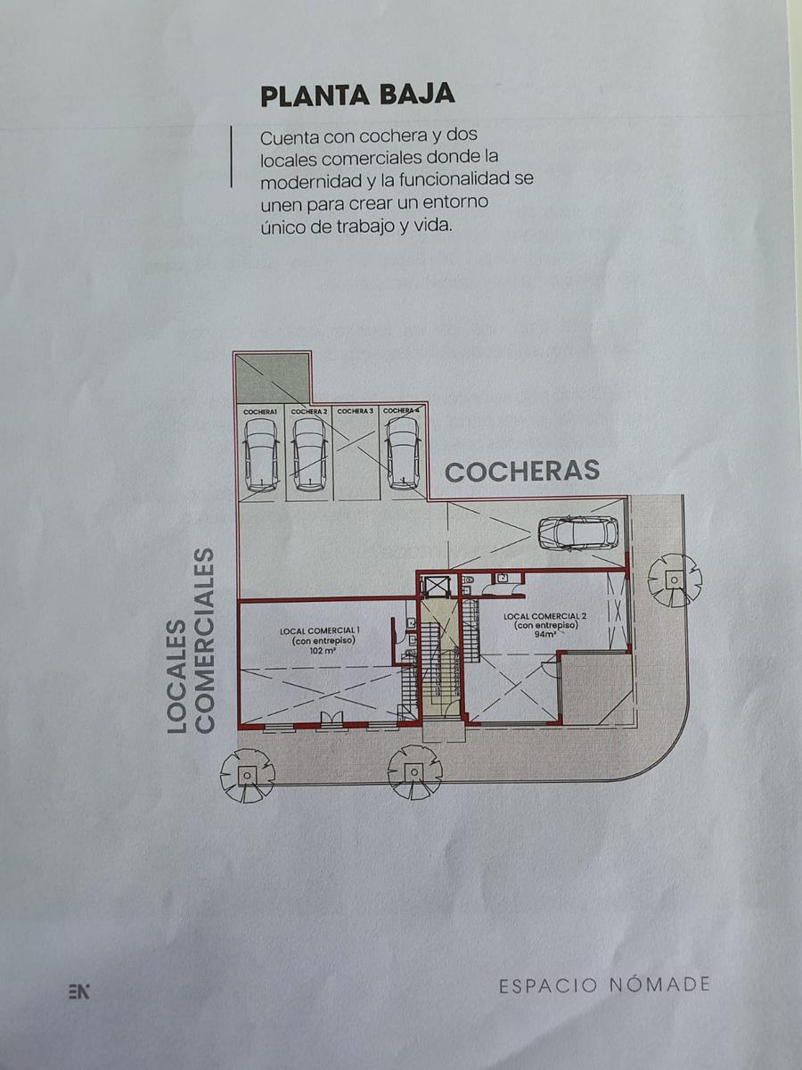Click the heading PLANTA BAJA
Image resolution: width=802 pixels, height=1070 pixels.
click(358, 96)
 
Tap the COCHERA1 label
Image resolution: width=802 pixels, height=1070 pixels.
click(260, 412)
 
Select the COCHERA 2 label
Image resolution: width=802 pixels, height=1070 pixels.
click(308, 412)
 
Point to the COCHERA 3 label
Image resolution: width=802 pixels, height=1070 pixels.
click(355, 411)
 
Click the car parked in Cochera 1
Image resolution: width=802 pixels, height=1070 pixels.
click(261, 455)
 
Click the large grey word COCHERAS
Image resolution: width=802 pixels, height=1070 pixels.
click(522, 472)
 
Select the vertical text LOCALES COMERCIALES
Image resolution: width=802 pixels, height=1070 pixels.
click(191, 640)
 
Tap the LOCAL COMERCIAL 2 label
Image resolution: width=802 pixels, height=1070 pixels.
click(544, 616)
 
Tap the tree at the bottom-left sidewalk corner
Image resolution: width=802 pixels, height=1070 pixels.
click(247, 775)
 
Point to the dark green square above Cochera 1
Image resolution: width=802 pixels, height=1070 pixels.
click(272, 378)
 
